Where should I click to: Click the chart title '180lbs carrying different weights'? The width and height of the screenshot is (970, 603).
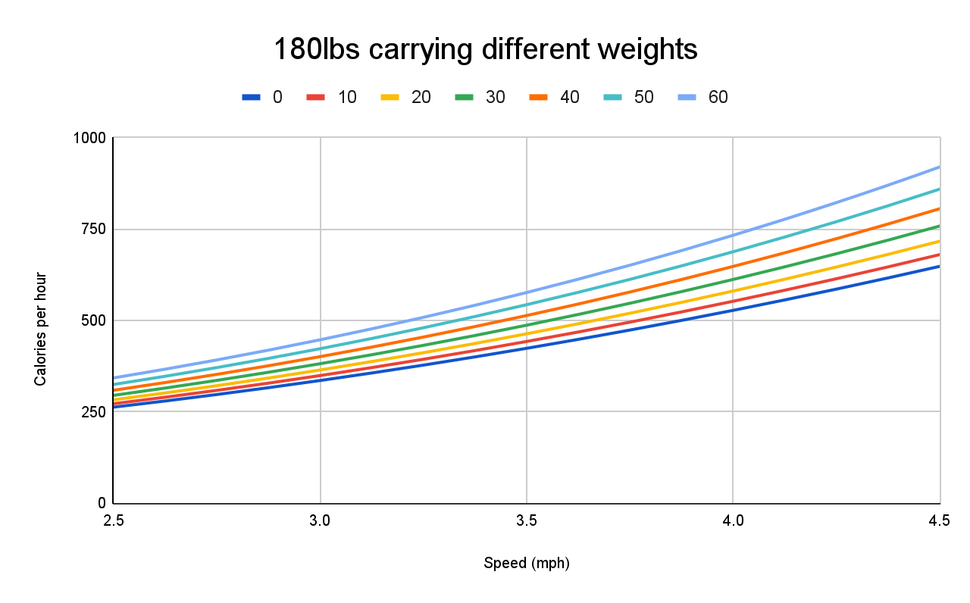click(x=485, y=50)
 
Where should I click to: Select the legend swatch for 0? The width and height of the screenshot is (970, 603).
click(x=252, y=97)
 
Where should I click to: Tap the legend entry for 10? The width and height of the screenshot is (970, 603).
click(x=331, y=97)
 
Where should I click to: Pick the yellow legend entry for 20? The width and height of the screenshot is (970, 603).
click(x=405, y=97)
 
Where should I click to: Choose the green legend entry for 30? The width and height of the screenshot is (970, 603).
click(x=479, y=97)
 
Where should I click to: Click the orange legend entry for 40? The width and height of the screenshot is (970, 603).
click(x=553, y=97)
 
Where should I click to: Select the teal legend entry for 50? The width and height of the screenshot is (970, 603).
click(x=627, y=97)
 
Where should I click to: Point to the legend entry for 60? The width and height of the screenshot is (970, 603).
click(x=702, y=97)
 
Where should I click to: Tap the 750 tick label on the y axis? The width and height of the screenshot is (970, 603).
click(x=95, y=230)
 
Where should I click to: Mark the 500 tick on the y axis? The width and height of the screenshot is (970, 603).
click(x=95, y=320)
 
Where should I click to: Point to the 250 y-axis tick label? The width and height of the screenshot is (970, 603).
click(x=95, y=412)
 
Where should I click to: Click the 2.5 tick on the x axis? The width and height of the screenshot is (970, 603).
click(x=114, y=520)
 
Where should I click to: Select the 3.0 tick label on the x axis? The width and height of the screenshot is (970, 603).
click(x=320, y=520)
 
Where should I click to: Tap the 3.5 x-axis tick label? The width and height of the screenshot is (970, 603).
click(x=527, y=520)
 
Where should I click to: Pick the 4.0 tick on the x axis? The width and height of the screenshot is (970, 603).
click(x=733, y=520)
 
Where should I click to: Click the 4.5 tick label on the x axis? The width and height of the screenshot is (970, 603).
click(x=938, y=520)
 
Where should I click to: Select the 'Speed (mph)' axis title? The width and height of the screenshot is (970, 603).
click(x=526, y=564)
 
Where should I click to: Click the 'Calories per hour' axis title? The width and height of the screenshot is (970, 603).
click(x=40, y=329)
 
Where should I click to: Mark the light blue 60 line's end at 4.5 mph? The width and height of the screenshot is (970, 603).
click(x=939, y=167)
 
